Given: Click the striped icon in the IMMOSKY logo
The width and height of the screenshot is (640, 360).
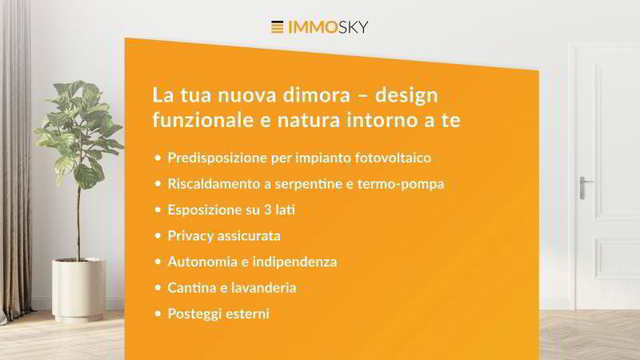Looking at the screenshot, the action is (277, 27).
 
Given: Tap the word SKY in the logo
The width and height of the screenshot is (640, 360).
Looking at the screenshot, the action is (353, 27).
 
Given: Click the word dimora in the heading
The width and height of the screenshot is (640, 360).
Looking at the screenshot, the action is (316, 94).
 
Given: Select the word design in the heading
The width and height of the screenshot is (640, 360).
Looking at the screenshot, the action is (406, 96).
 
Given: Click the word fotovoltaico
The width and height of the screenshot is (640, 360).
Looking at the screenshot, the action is (393, 158).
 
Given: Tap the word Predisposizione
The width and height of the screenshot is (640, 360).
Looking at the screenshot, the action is (217, 158).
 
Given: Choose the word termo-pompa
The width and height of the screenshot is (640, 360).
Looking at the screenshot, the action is (401, 185).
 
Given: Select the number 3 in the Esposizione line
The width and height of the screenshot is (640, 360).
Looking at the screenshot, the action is (267, 210).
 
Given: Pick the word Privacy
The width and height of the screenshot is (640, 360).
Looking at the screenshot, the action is (190, 236).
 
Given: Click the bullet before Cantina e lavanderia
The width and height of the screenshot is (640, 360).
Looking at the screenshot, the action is (158, 288).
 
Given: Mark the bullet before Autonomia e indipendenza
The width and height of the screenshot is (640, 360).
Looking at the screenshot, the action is (158, 262).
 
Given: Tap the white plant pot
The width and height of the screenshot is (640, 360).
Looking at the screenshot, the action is (78, 289).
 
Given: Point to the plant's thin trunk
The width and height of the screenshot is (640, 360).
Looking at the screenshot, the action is (78, 221).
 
